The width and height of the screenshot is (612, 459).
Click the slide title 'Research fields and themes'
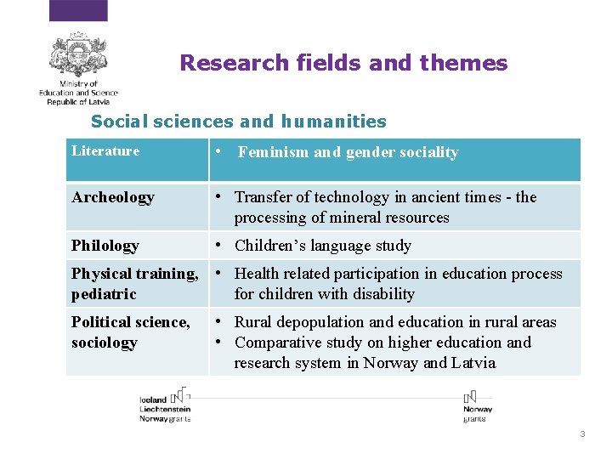(343, 64)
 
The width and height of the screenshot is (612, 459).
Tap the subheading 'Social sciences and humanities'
(238, 122)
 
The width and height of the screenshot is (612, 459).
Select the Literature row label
(105, 151)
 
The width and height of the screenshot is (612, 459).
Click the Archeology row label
(113, 197)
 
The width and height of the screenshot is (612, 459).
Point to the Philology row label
(105, 246)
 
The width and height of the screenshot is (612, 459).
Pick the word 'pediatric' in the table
(104, 294)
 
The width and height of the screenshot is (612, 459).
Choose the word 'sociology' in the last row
(104, 343)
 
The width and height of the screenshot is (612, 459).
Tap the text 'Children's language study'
(322, 246)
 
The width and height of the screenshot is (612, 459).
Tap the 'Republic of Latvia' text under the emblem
(78, 101)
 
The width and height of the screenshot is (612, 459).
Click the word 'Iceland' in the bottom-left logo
(153, 399)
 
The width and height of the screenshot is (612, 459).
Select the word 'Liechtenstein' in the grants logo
(165, 409)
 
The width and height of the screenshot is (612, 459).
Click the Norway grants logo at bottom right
(477, 406)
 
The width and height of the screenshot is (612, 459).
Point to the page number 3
(582, 434)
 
